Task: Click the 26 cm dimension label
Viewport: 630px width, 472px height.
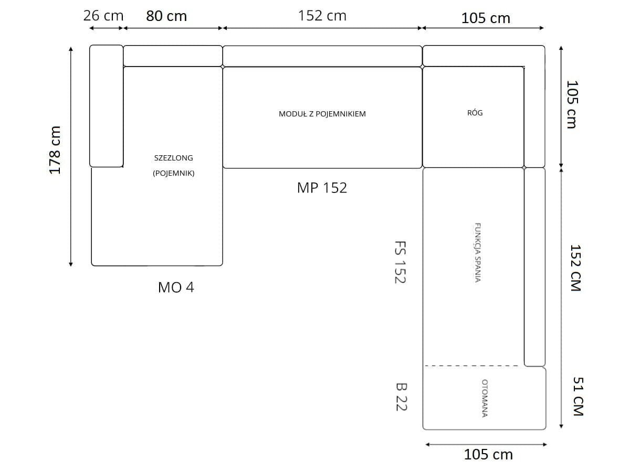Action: [x=103, y=16]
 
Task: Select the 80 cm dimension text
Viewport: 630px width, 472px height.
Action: [x=166, y=16]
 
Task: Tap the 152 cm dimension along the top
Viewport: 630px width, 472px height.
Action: [x=322, y=16]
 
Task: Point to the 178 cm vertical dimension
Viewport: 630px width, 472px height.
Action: [x=55, y=150]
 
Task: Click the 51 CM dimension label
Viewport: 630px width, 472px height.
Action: [x=578, y=396]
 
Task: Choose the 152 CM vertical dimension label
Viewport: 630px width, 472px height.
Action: [x=575, y=268]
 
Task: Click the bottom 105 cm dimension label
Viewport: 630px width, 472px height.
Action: [x=488, y=455]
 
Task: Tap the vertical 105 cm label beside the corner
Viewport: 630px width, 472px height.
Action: [x=572, y=104]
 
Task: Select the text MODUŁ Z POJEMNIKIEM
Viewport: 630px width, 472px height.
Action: [x=322, y=114]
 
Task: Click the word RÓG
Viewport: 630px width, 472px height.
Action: [x=475, y=113]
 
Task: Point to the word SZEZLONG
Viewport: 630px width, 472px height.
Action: [x=174, y=158]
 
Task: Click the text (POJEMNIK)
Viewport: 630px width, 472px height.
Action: [x=174, y=173]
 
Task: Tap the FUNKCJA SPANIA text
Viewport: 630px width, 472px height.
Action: [x=477, y=252]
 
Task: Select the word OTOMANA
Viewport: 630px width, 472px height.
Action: [x=485, y=398]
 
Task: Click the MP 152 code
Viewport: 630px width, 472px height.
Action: [x=322, y=188]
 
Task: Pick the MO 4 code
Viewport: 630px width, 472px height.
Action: [x=176, y=287]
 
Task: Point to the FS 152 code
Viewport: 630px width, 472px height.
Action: [x=400, y=262]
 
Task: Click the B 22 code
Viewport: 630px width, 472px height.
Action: [x=401, y=397]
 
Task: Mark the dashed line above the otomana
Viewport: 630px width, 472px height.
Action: [x=471, y=366]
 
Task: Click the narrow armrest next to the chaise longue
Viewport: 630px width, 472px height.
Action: [x=106, y=106]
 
